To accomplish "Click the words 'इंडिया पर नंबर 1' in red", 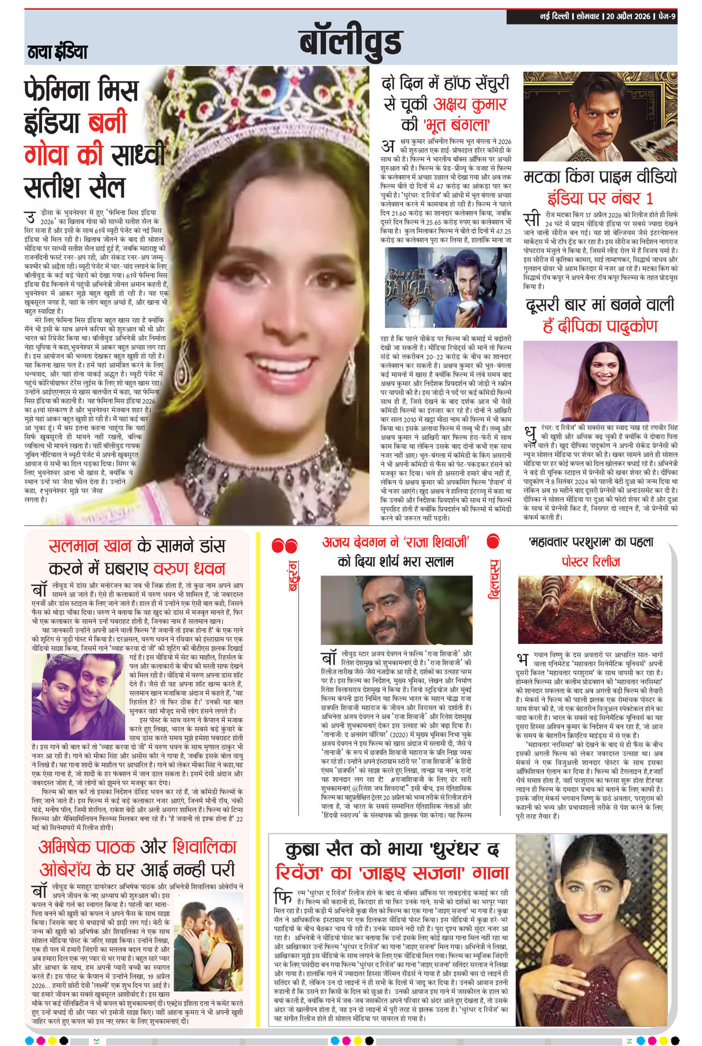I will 600,198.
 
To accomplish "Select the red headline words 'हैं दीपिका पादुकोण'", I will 600,326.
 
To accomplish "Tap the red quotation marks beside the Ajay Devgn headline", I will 285,545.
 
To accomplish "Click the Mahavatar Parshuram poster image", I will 591,608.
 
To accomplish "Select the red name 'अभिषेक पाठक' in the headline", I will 87,847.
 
